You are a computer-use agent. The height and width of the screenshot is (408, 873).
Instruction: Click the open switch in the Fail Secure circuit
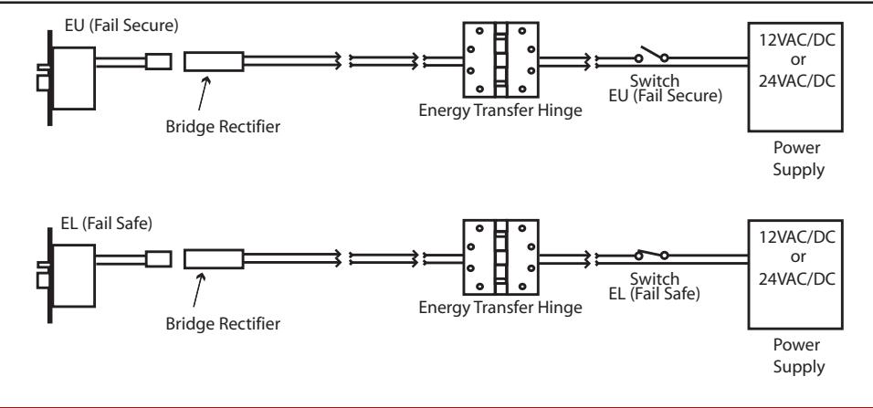651,55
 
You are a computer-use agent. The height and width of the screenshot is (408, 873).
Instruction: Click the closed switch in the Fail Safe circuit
651,255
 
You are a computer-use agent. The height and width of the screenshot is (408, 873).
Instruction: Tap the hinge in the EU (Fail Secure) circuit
501,59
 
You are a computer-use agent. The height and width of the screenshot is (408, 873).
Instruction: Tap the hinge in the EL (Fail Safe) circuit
501,257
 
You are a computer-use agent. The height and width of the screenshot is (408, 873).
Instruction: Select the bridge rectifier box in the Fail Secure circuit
214,61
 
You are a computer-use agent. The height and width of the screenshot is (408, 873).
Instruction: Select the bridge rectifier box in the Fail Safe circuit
214,259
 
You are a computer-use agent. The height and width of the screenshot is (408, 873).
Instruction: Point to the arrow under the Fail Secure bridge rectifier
205,93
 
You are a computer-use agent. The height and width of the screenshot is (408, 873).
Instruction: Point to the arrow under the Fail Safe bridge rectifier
199,289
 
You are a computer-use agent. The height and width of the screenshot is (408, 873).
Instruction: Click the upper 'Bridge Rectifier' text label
223,127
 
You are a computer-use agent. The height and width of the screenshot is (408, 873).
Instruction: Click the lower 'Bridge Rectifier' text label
223,324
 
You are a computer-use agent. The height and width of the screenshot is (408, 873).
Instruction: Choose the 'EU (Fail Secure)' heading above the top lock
121,26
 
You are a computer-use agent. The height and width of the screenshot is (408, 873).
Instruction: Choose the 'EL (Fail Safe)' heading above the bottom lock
106,224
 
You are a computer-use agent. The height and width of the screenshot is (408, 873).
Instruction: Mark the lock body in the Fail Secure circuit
73,78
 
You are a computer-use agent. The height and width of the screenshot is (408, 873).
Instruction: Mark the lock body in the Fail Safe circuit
73,276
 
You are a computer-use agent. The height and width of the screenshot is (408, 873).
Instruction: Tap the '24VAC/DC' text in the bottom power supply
797,278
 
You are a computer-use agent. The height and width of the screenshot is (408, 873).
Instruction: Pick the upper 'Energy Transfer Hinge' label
500,110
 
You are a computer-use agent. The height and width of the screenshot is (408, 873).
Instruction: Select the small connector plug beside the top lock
158,61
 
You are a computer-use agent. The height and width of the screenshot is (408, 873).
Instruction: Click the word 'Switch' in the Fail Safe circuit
655,278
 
